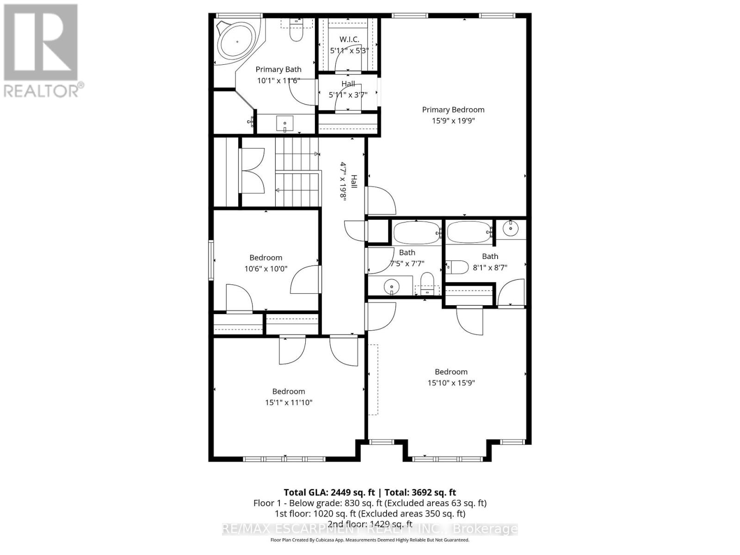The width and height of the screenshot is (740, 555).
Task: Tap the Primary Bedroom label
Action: [x=453, y=110]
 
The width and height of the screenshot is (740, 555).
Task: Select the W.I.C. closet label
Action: [x=349, y=40]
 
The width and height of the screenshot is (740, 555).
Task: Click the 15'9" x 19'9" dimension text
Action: [x=453, y=121]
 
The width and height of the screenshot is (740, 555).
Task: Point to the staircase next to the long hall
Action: [x=298, y=172]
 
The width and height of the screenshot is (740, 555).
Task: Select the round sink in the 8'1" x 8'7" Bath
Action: [x=511, y=228]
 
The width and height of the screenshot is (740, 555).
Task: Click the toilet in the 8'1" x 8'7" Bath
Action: [x=457, y=267]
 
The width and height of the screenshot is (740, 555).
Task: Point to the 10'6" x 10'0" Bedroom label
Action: [x=265, y=258]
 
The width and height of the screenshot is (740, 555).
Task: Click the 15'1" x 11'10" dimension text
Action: [x=289, y=402]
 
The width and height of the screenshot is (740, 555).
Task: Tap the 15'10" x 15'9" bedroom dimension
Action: [x=451, y=383]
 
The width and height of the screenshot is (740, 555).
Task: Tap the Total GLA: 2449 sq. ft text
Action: [x=329, y=492]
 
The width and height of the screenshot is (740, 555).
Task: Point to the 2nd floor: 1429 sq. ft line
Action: [x=370, y=524]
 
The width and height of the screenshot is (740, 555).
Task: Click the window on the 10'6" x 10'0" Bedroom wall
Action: [x=211, y=260]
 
